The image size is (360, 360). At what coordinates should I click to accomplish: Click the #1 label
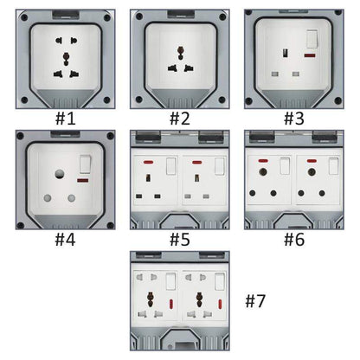[65, 118]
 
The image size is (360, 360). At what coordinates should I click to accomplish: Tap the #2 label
[179, 118]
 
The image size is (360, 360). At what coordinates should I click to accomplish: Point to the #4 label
[65, 238]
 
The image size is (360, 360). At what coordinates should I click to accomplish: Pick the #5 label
[179, 238]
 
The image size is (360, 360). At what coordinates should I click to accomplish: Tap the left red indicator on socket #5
[149, 162]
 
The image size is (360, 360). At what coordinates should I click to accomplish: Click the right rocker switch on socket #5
[215, 164]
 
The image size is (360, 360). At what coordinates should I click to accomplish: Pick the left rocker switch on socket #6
[284, 164]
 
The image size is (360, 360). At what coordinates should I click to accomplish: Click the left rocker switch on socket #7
[170, 280]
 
